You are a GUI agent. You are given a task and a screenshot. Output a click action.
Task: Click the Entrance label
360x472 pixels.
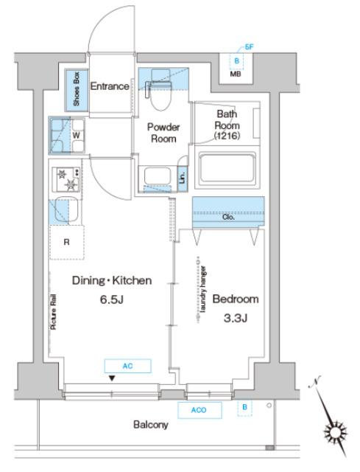pos(110,86)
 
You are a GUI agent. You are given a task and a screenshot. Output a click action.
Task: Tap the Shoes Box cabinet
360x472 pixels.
pos(77,90)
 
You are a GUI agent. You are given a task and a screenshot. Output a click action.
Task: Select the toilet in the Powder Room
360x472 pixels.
pos(160,90)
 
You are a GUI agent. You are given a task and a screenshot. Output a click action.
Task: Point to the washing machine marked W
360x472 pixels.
pos(67,135)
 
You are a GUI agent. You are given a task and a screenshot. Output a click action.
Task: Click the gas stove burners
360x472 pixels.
pos(66,179)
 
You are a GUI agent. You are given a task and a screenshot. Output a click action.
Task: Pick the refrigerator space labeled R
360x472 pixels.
pos(67,242)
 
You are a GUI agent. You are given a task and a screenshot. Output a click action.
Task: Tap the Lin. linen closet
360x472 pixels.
pos(183,178)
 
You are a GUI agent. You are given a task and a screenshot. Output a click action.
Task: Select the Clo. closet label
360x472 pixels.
pos(228,217)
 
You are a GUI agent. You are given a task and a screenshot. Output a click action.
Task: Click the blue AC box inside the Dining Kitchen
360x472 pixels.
pos(127,366)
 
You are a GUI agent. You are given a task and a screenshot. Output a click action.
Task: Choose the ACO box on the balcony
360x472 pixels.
pos(200,410)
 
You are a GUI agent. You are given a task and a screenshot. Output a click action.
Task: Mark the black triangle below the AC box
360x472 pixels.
pos(112,378)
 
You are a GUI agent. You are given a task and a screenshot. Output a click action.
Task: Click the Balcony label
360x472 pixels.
pos(150,425)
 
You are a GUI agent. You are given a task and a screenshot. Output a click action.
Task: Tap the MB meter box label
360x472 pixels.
pos(236,74)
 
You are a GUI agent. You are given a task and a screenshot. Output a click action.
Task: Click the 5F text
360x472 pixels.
pos(249,47)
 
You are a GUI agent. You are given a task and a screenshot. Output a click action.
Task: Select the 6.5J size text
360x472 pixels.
pos(112,299)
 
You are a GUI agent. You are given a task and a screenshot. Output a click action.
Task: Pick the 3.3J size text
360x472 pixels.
pos(236,318)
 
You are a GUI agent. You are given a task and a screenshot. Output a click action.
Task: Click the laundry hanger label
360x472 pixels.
pos(203,290)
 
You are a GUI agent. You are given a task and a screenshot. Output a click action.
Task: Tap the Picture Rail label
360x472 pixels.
pos(54,311)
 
